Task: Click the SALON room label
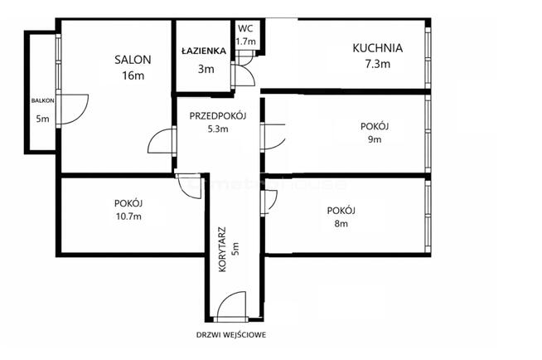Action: click(133, 60)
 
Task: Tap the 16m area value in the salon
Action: click(133, 75)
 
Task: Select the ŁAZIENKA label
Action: click(204, 51)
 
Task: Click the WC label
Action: click(245, 29)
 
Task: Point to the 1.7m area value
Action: click(246, 41)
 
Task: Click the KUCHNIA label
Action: click(377, 48)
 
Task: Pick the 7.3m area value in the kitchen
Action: click(378, 64)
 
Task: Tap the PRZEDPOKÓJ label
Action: click(218, 116)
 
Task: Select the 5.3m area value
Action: click(218, 129)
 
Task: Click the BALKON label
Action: click(43, 100)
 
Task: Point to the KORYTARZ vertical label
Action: click(222, 249)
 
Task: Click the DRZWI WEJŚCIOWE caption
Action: click(231, 335)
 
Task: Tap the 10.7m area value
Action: click(128, 216)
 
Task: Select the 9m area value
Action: click(375, 139)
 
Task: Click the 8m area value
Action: click(341, 223)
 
